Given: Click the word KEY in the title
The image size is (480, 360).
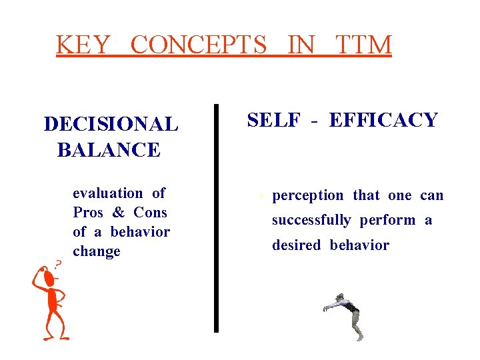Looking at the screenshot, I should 83,45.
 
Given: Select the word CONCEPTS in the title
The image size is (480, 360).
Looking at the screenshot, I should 198,45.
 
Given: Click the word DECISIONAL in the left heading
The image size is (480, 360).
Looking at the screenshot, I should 111,124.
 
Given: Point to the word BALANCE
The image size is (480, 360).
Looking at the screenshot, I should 109,150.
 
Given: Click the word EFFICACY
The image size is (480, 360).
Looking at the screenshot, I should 383,120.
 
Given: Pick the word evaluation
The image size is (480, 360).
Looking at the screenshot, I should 108,193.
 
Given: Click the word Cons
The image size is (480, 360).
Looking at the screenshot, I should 150,213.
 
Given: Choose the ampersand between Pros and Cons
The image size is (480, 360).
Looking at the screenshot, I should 119,213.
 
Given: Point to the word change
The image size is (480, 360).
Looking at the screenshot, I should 97,251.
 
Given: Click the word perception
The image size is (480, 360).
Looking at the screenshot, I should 308,196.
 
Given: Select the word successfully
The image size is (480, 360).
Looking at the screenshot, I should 311,221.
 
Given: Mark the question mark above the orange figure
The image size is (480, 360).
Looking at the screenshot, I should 58,264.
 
